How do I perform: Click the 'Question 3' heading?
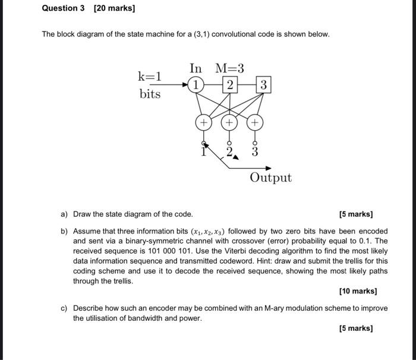click(x=64, y=8)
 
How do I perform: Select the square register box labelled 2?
click(x=229, y=85)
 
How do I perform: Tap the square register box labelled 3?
click(x=264, y=85)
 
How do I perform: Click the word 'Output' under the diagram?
click(x=270, y=178)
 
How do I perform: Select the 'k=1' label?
click(x=150, y=76)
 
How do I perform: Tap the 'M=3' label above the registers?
click(x=229, y=68)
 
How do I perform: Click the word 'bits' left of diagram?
click(x=150, y=94)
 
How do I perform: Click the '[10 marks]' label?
click(x=358, y=291)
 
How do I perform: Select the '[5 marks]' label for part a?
click(x=356, y=214)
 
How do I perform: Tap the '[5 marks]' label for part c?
click(x=356, y=328)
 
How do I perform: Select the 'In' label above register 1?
click(x=196, y=68)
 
